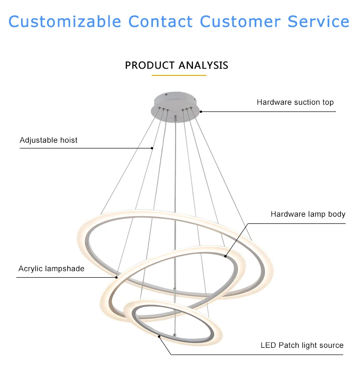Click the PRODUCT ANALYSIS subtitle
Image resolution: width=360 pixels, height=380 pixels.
tap(177, 65)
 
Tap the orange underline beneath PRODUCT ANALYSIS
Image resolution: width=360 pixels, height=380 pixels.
tap(179, 75)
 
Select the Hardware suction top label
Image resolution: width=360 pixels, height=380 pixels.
tap(295, 102)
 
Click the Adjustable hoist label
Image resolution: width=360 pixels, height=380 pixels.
tap(48, 140)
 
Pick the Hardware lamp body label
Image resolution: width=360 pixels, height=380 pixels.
tap(308, 214)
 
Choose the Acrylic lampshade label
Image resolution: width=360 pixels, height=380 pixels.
tap(51, 269)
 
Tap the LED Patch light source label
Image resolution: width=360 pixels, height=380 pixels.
tap(302, 345)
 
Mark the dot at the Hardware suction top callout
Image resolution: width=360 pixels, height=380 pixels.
tap(201, 111)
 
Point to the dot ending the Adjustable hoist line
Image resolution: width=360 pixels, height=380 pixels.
tap(152, 148)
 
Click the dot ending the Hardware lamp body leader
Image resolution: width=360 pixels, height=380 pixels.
tap(226, 256)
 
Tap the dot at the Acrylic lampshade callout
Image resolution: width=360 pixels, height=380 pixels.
tap(117, 277)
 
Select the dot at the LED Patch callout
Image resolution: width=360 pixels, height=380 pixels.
tap(160, 337)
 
